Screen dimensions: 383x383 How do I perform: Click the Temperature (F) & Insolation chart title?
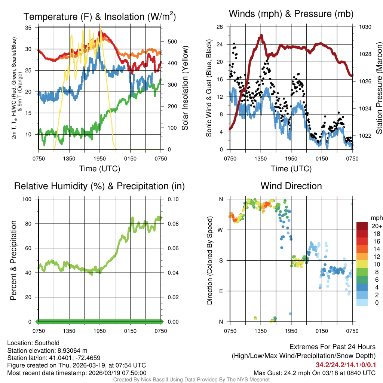[x=99, y=16]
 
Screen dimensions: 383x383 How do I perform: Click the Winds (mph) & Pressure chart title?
[x=291, y=14]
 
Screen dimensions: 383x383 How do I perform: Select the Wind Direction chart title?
[x=291, y=186]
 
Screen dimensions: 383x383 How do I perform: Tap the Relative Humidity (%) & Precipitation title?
[x=99, y=186]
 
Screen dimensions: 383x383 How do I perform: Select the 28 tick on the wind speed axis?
[x=220, y=27]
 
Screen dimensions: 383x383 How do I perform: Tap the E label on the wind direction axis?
[x=221, y=291]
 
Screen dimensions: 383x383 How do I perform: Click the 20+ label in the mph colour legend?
[x=377, y=226]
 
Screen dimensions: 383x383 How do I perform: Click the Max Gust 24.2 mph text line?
[x=314, y=373]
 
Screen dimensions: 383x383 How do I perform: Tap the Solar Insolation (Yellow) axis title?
[x=185, y=88]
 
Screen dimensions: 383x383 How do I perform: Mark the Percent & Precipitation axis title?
[x=13, y=260]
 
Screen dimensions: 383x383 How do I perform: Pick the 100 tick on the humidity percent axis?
[x=28, y=199]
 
